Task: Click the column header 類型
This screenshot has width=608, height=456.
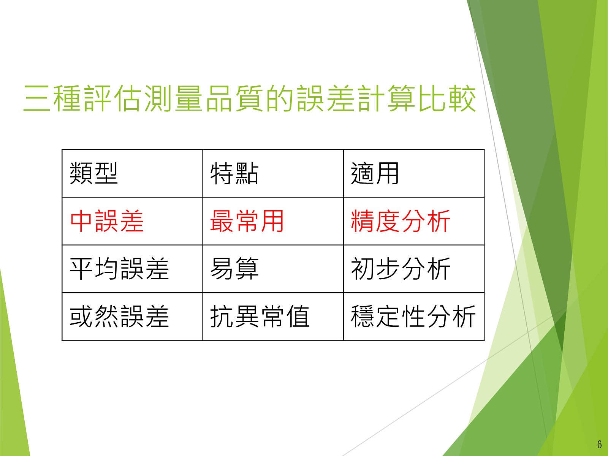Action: (x=93, y=173)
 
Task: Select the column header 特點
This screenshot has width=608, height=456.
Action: (x=234, y=173)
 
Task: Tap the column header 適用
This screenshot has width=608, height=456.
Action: (x=375, y=173)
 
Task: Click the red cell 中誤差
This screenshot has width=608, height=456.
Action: (x=107, y=221)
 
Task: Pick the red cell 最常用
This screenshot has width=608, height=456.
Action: (x=247, y=221)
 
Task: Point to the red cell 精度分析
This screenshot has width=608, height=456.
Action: (x=401, y=221)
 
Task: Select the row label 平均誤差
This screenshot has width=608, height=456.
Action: (x=119, y=269)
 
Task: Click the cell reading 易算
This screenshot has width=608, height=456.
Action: (x=234, y=269)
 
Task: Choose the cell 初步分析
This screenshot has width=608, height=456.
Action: (x=401, y=269)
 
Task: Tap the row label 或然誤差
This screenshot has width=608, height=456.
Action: (x=119, y=317)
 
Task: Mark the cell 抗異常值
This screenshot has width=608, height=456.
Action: (x=260, y=317)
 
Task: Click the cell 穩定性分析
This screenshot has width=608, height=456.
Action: (x=413, y=317)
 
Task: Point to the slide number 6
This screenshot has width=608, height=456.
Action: (x=599, y=445)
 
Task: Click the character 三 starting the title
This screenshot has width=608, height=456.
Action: (x=37, y=98)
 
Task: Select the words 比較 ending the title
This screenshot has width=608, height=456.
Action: (x=447, y=98)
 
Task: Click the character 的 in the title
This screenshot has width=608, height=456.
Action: (x=280, y=98)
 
